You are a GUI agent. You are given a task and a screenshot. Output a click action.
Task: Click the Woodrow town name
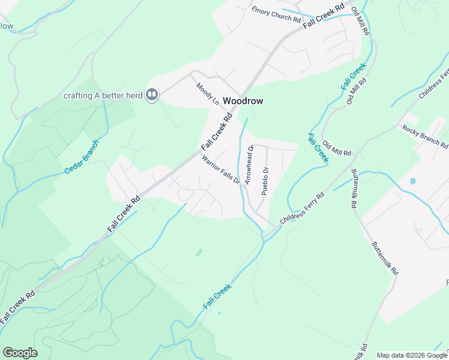243,101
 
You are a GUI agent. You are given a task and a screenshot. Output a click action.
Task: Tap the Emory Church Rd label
276,14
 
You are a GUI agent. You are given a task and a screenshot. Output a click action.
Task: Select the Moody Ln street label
208,94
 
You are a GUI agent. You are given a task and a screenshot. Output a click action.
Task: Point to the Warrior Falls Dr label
220,170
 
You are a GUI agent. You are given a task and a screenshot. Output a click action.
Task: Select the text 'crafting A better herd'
104,95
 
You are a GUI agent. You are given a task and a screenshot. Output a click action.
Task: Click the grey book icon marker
152,95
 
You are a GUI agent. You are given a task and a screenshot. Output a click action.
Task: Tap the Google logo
20,353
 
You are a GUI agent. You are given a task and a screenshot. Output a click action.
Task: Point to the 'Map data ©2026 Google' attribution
412,355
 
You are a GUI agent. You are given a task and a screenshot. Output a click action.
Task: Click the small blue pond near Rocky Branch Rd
412,181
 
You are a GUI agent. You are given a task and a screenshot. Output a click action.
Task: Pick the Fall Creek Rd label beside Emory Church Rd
324,16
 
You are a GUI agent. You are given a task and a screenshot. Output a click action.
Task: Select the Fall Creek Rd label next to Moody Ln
217,133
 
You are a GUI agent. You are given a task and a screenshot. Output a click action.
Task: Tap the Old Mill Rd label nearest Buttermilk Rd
337,148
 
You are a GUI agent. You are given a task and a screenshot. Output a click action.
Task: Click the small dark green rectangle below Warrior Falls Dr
199,253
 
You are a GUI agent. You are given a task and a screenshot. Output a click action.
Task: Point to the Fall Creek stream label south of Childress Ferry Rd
217,297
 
